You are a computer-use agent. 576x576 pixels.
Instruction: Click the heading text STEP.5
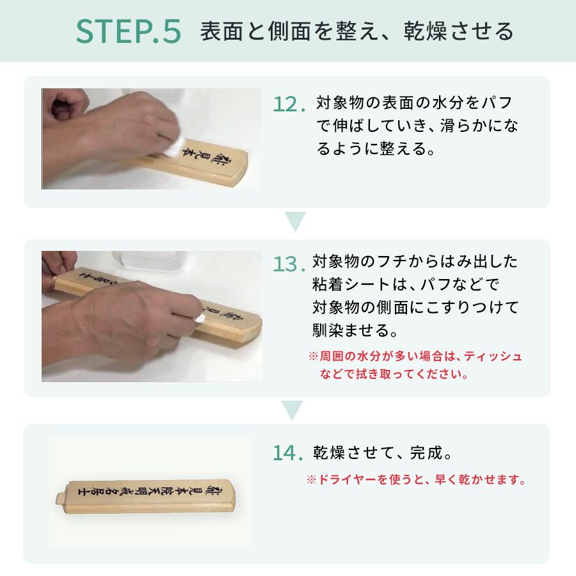[x=128, y=31]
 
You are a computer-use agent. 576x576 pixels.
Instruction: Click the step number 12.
[x=287, y=104]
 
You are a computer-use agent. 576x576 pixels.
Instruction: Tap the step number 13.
[x=287, y=264]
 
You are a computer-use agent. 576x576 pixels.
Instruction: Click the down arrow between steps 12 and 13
[x=295, y=221]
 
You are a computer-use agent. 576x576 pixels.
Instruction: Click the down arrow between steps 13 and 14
[x=292, y=410]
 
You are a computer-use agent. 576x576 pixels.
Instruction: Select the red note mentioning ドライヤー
[x=416, y=479]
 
